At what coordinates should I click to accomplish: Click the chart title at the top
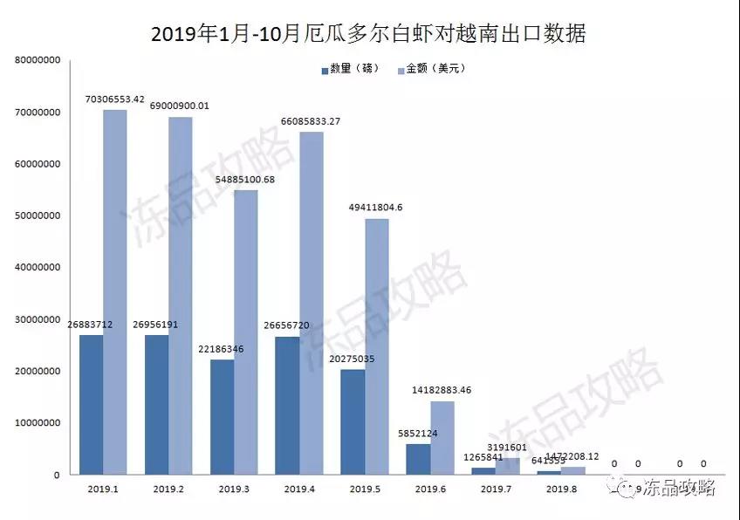tap(369, 33)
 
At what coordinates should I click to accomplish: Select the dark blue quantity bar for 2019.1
tap(92, 405)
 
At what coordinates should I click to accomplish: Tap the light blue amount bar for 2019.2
tap(180, 297)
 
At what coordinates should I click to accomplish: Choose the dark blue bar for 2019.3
tap(223, 417)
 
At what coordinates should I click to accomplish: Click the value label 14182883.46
tap(442, 390)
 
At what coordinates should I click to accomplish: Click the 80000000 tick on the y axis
tap(37, 61)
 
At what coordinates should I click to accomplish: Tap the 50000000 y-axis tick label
tap(37, 216)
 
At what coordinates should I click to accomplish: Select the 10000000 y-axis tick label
tap(37, 423)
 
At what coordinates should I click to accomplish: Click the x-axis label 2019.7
tap(496, 489)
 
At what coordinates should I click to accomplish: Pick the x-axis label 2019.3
tap(234, 489)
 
